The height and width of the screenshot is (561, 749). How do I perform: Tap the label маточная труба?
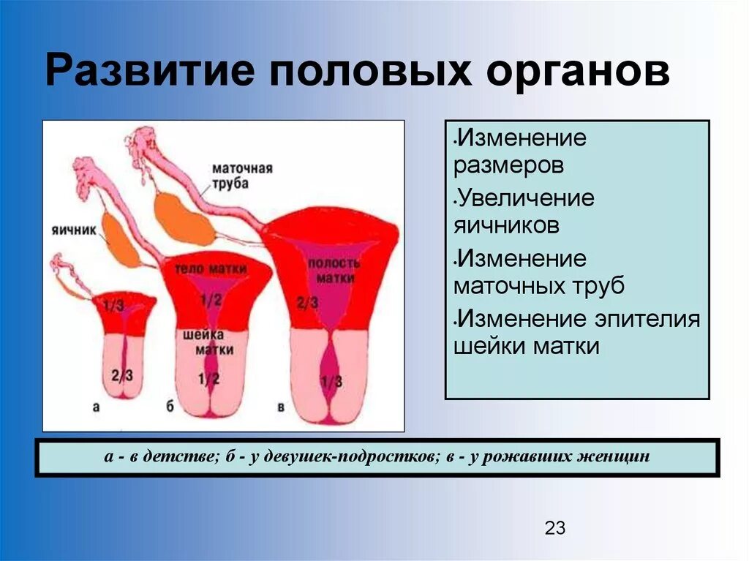click(x=244, y=176)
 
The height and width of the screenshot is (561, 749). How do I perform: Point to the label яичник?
click(x=74, y=230)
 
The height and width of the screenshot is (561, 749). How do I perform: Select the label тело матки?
click(x=210, y=268)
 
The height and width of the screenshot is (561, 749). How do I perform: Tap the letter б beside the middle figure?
click(x=170, y=407)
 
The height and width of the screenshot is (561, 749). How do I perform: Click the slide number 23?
click(x=555, y=528)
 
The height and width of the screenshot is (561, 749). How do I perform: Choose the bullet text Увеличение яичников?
click(x=523, y=211)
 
